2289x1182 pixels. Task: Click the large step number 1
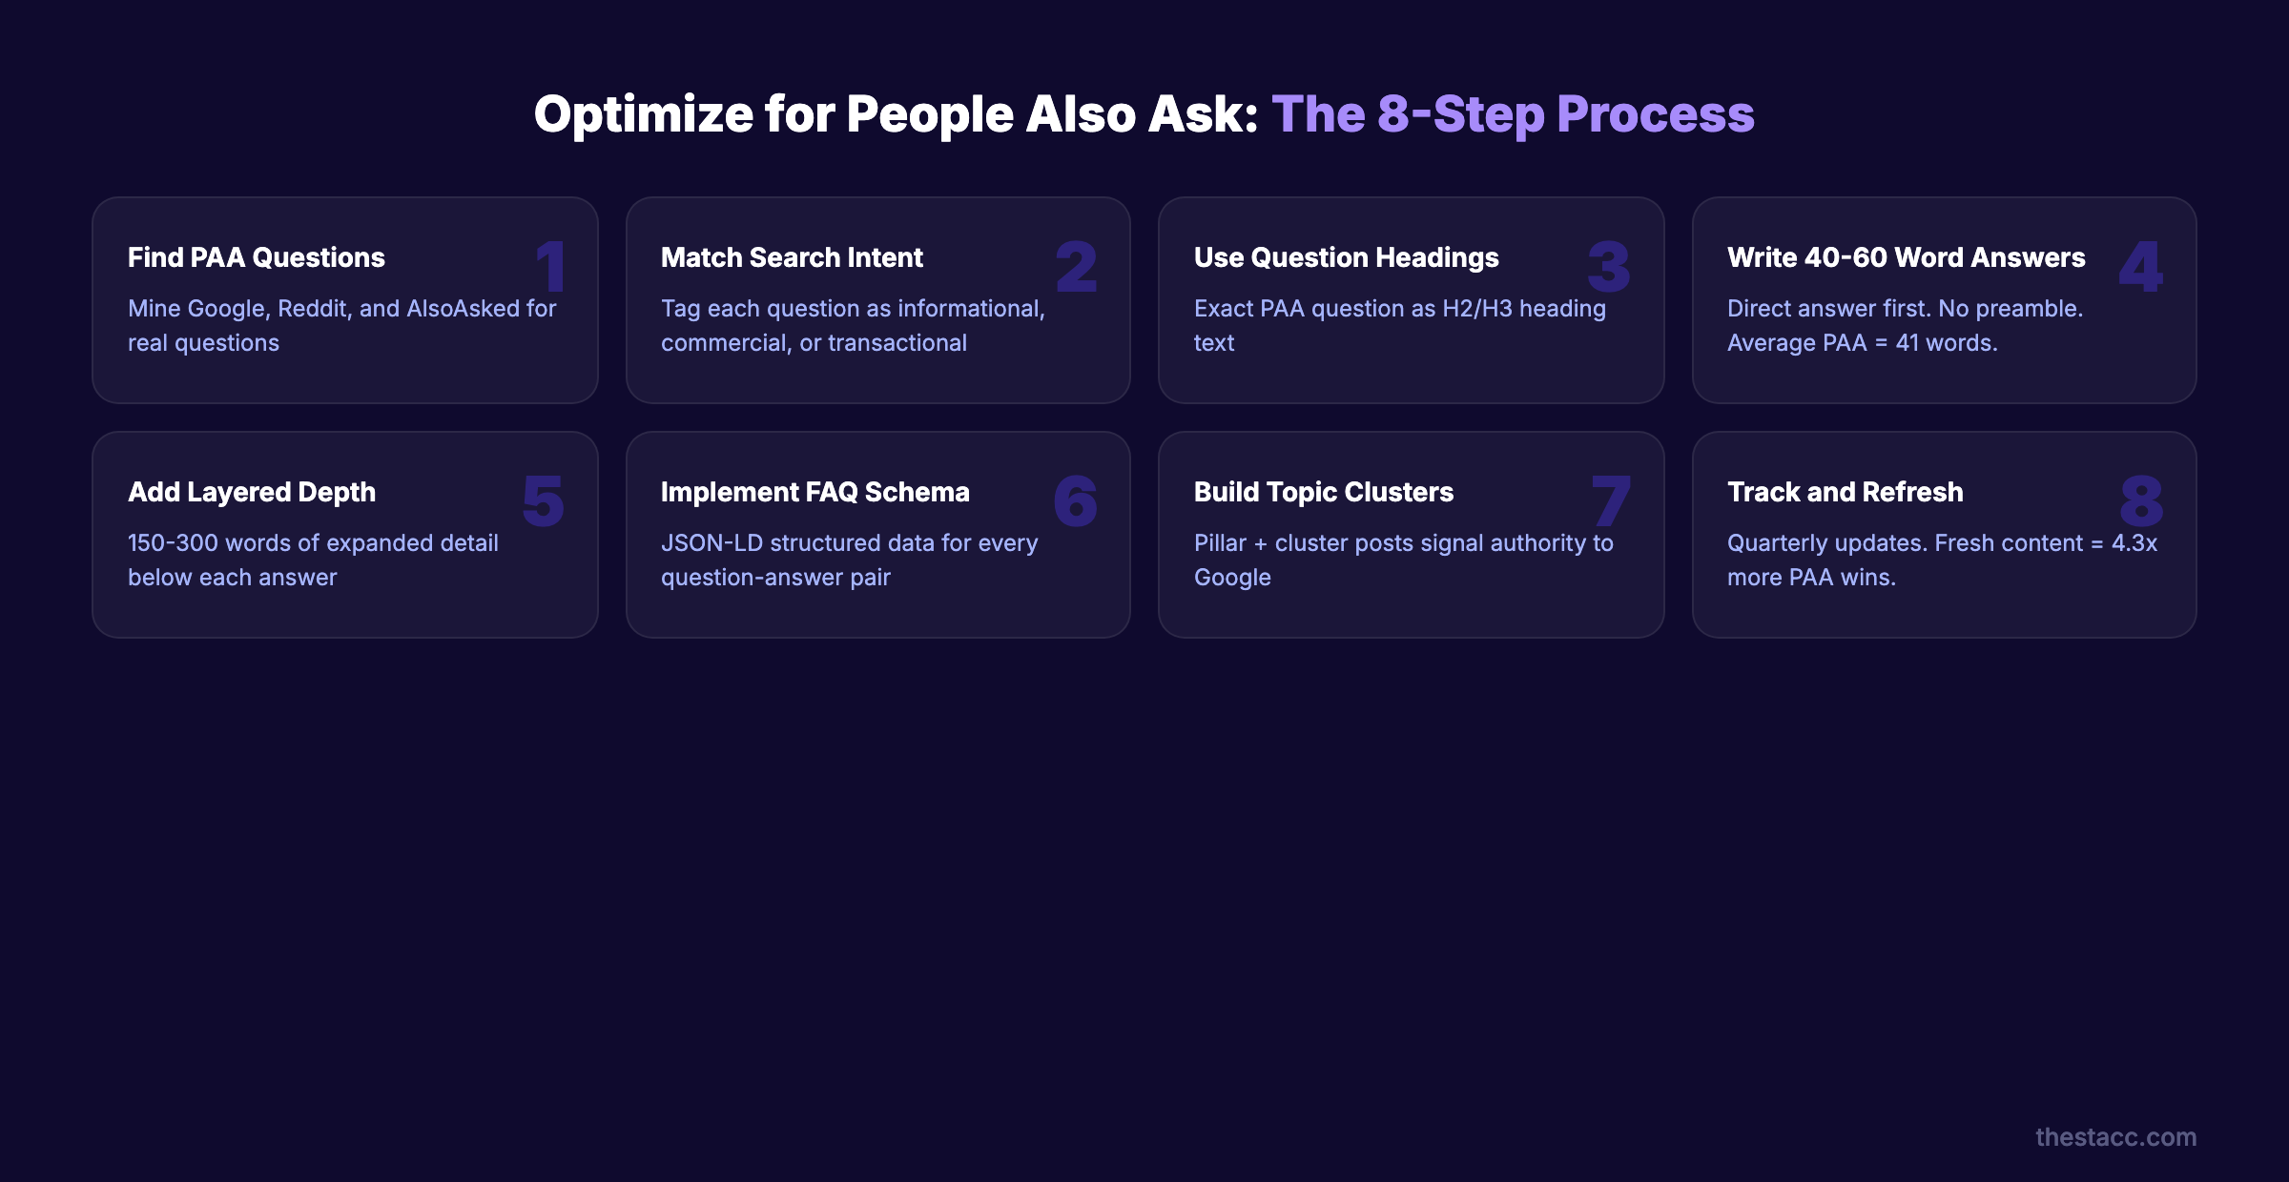tap(551, 266)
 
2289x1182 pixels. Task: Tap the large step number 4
tap(2140, 266)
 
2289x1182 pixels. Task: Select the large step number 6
tap(1075, 500)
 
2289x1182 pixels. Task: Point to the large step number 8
tap(2141, 500)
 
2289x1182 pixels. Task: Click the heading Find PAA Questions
tap(256, 257)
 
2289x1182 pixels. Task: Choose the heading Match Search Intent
tap(792, 257)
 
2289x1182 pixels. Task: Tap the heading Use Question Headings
tap(1346, 257)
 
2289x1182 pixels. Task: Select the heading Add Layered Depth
tap(252, 492)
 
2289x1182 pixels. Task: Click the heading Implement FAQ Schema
tap(815, 492)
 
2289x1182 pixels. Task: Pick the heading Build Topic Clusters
tap(1323, 492)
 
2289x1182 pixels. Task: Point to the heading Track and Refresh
tap(1845, 492)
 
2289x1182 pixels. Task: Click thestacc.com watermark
tap(2115, 1137)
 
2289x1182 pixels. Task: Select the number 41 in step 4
tap(1907, 343)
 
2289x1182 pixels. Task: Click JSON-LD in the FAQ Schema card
tap(711, 543)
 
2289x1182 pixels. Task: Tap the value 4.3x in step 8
tap(2134, 543)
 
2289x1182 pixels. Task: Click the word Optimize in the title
tap(644, 114)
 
